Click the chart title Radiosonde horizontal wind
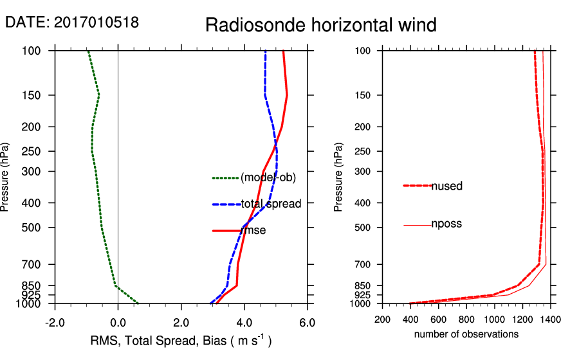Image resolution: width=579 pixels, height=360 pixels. pos(321,25)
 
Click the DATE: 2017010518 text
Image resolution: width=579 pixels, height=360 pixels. pos(72,22)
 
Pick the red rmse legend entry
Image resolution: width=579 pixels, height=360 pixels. pos(253,230)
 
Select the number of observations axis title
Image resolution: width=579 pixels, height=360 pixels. pos(466,334)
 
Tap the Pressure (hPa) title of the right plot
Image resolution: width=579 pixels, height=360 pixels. pos(338,177)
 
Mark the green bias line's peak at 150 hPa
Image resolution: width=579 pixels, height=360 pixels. pos(99,95)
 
